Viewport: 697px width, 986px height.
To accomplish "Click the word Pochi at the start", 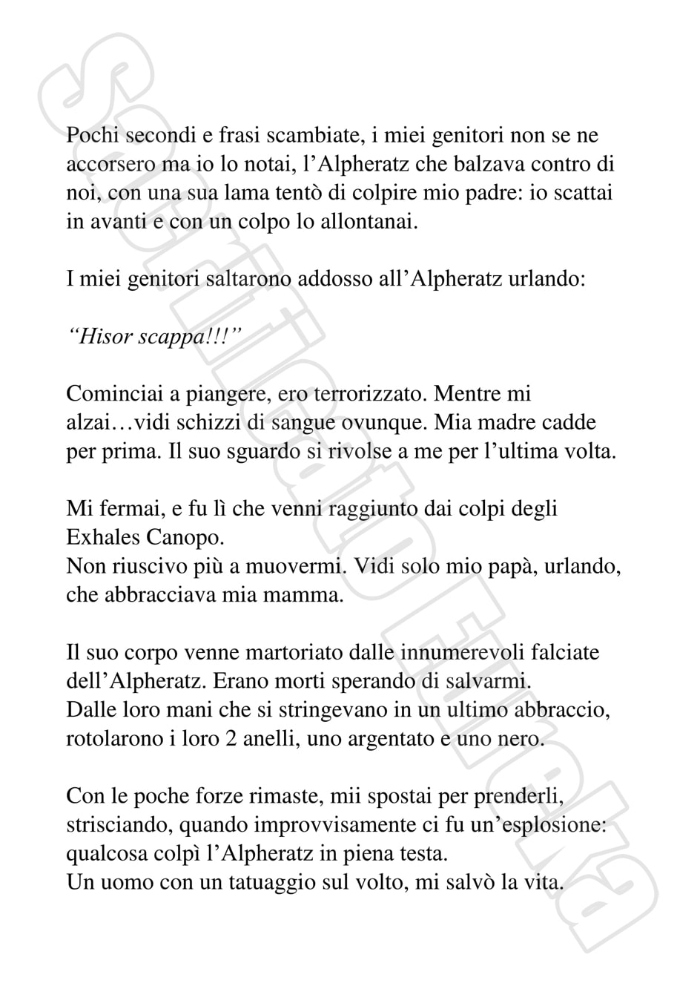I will click(x=92, y=137).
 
